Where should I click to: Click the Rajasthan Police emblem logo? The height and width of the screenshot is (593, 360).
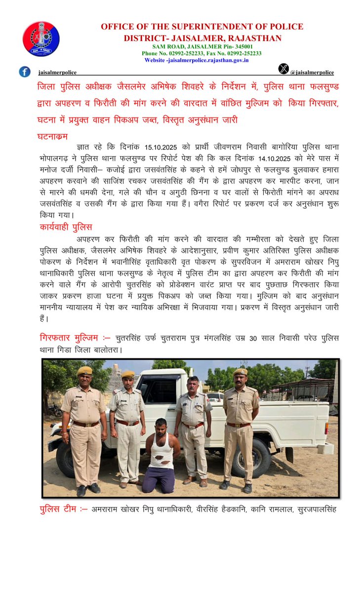point(41,39)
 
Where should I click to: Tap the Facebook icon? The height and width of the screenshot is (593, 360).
point(25,72)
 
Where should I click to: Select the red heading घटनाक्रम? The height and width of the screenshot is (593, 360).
point(52,136)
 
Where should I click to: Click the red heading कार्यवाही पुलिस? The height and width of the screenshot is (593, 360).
point(66,227)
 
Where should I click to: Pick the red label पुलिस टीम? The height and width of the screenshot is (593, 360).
point(63,508)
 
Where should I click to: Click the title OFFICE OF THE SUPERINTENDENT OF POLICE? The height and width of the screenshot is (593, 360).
point(202,27)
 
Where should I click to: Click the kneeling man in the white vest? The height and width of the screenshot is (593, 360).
point(159,455)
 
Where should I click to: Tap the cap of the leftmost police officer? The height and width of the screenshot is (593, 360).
point(84,370)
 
